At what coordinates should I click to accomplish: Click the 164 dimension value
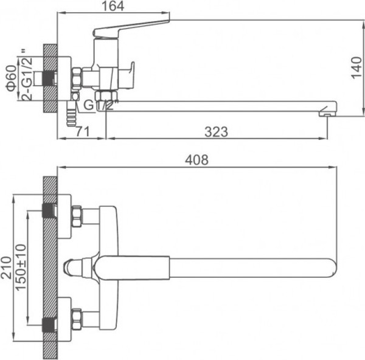pyautogui.click(x=113, y=7)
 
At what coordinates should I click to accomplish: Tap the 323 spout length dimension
pyautogui.click(x=216, y=131)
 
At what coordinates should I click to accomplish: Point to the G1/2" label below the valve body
pyautogui.click(x=98, y=105)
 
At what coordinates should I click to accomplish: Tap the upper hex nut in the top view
pyautogui.click(x=77, y=216)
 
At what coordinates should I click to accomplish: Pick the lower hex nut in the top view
pyautogui.click(x=77, y=317)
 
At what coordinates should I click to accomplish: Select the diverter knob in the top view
pyautogui.click(x=72, y=266)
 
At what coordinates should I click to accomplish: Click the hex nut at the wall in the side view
pyautogui.click(x=77, y=77)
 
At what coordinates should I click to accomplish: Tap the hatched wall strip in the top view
pyautogui.click(x=50, y=268)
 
